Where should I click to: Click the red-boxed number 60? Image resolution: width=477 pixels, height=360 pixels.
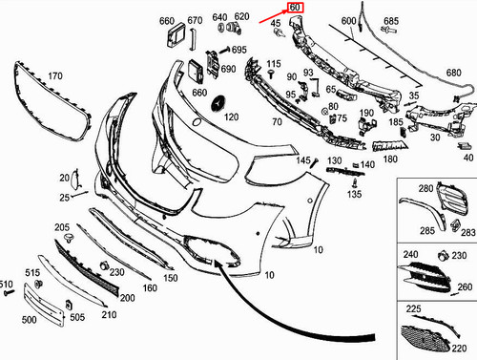295,10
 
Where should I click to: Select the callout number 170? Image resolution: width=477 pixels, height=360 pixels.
55,75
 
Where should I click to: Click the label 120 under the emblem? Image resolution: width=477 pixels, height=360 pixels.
231,116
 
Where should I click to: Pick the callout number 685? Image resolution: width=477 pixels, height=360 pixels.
391,20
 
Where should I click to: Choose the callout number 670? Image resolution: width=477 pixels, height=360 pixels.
195,20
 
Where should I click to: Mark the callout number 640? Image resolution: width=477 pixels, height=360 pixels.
219,17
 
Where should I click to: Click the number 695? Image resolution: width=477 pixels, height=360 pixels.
238,50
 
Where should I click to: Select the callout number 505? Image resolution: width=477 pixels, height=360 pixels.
77,317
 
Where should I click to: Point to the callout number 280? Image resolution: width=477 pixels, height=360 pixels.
425,189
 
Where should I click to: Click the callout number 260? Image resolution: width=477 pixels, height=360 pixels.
465,286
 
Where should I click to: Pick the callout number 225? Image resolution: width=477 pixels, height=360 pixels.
414,309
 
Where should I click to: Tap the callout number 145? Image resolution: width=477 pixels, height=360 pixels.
302,160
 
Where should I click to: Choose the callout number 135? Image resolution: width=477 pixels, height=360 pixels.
355,195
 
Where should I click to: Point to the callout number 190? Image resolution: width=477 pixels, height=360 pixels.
366,114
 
